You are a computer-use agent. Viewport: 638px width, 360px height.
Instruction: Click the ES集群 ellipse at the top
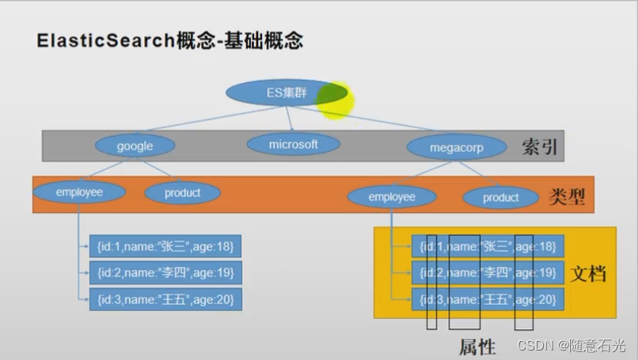pyautogui.click(x=287, y=93)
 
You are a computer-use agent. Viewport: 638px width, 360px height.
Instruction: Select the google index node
pyautogui.click(x=135, y=146)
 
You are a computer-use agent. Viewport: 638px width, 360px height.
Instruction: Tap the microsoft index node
pyautogui.click(x=294, y=144)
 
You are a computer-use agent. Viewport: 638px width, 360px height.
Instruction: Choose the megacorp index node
pyautogui.click(x=457, y=147)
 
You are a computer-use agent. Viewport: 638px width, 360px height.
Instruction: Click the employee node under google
pyautogui.click(x=79, y=192)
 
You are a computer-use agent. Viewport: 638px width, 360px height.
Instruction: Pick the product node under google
pyautogui.click(x=183, y=193)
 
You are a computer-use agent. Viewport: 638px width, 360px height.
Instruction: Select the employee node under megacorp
pyautogui.click(x=392, y=197)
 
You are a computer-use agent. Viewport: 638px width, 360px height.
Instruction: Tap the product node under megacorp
pyautogui.click(x=501, y=198)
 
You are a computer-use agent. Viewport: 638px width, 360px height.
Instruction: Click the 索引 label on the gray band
pyautogui.click(x=540, y=146)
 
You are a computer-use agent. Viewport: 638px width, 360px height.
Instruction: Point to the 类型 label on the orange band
pyautogui.click(x=567, y=197)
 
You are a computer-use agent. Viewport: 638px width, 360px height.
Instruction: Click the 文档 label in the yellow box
pyautogui.click(x=588, y=273)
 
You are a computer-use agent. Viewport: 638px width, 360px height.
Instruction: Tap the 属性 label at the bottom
pyautogui.click(x=477, y=347)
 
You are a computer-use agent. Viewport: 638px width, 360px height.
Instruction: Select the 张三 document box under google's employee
pyautogui.click(x=165, y=246)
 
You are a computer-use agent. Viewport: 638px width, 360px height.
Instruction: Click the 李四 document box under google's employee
pyautogui.click(x=165, y=272)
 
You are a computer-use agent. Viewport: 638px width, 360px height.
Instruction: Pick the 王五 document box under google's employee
pyautogui.click(x=165, y=299)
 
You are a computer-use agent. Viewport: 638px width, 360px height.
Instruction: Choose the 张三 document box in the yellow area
pyautogui.click(x=488, y=246)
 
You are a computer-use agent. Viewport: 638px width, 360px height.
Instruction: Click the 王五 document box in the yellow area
pyautogui.click(x=488, y=299)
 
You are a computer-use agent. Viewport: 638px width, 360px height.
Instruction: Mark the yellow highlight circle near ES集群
pyautogui.click(x=335, y=100)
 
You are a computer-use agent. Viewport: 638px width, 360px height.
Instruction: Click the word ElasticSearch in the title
pyautogui.click(x=106, y=40)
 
